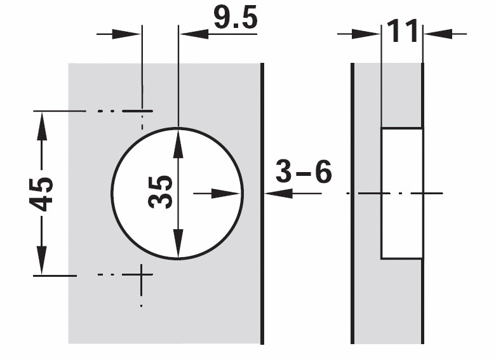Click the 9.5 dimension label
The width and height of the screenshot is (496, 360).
pyautogui.click(x=236, y=17)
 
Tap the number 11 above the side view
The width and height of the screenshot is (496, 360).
pyautogui.click(x=402, y=30)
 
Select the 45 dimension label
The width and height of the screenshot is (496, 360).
pyautogui.click(x=41, y=194)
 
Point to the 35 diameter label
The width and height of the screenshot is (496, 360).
pyautogui.click(x=160, y=192)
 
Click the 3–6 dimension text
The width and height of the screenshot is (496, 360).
pyautogui.click(x=304, y=171)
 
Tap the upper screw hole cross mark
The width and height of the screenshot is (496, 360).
pyautogui.click(x=142, y=111)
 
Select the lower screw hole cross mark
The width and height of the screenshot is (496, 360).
pyautogui.click(x=141, y=274)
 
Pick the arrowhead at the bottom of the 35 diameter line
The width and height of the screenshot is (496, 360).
pyautogui.click(x=178, y=243)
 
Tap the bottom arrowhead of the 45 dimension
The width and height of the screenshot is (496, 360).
pyautogui.click(x=42, y=260)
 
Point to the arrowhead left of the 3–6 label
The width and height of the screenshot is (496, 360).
pyautogui.click(x=278, y=193)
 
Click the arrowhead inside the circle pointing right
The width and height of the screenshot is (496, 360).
pyautogui.click(x=225, y=193)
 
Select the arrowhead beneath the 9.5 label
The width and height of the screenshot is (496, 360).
pyautogui.click(x=194, y=34)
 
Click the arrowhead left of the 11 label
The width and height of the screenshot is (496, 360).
pyautogui.click(x=366, y=34)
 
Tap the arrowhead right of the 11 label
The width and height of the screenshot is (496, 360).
pyautogui.click(x=438, y=34)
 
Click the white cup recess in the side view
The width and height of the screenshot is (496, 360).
pyautogui.click(x=402, y=193)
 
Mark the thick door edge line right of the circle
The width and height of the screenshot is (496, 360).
pyautogui.click(x=262, y=203)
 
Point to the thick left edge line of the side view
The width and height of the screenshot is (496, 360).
pyautogui.click(x=352, y=203)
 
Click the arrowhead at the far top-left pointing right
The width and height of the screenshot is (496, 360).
pyautogui.click(x=126, y=34)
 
